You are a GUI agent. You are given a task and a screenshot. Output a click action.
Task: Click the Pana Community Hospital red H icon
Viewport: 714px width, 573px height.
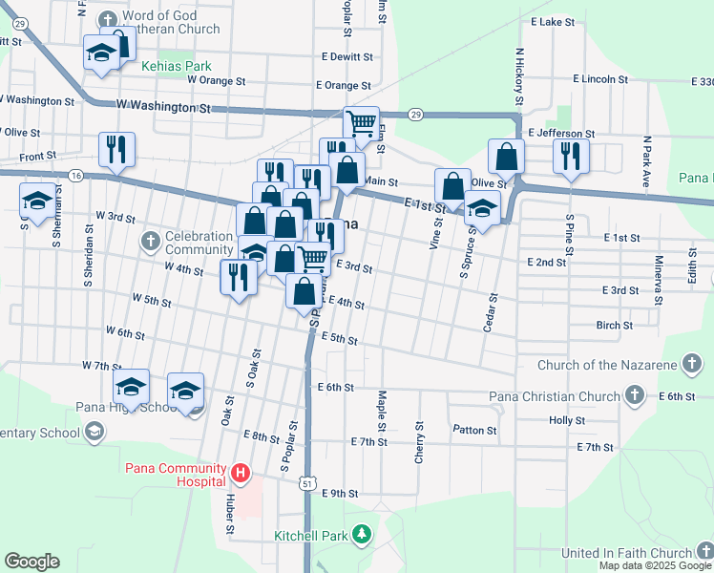(241, 472)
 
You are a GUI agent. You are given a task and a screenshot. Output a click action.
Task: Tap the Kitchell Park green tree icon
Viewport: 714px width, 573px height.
(362, 534)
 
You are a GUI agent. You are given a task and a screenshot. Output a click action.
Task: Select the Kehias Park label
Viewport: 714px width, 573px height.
(176, 67)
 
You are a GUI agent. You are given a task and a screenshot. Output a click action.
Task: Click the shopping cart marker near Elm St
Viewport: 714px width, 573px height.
(361, 123)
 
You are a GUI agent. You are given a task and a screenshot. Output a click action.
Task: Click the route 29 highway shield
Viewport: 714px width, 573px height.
(416, 114)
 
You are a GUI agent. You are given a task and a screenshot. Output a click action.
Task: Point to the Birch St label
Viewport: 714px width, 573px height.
(614, 326)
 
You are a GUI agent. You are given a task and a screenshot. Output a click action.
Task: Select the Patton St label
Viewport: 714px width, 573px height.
(474, 431)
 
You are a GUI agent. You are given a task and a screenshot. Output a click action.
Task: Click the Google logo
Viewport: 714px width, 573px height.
(31, 562)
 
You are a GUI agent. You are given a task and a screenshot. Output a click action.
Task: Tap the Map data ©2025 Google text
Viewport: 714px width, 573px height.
(654, 565)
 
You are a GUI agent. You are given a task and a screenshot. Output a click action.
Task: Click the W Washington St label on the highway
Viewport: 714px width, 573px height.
(162, 108)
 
